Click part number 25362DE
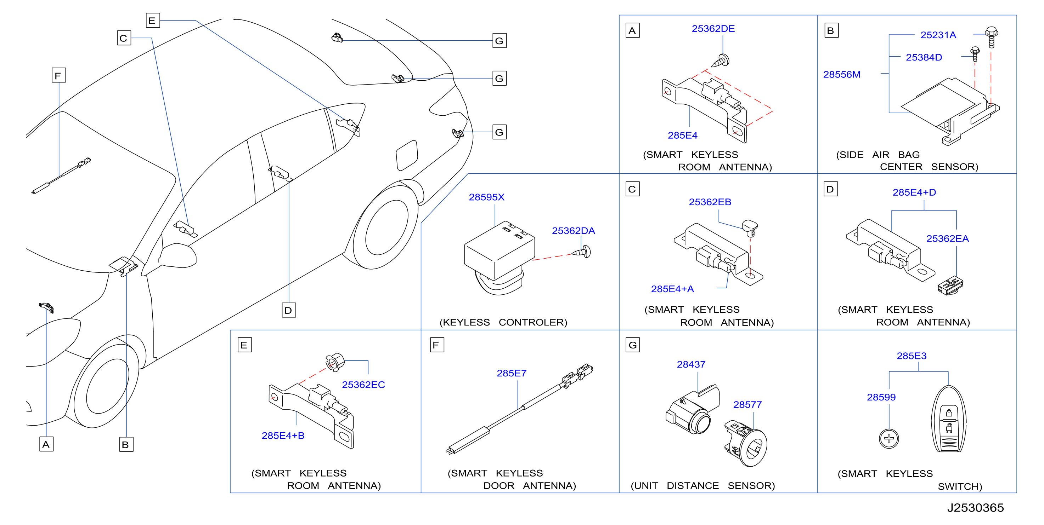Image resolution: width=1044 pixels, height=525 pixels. [713, 29]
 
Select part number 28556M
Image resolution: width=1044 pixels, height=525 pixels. [841, 75]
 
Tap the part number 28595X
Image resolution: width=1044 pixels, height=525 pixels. [486, 197]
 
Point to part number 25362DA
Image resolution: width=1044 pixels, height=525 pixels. [573, 231]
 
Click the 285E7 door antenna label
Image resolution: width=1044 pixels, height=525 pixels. [512, 373]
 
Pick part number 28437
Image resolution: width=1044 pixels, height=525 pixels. [691, 364]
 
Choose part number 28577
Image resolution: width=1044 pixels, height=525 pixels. [747, 404]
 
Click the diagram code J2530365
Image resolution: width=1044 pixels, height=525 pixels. [975, 508]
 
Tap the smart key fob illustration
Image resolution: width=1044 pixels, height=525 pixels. [949, 419]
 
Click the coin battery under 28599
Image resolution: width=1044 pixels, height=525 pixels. [889, 438]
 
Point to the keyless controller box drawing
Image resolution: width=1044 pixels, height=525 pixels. [499, 257]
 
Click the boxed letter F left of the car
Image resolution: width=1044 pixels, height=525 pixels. [59, 75]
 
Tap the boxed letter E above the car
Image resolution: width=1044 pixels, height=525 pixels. [153, 20]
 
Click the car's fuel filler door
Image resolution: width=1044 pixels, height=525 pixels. [406, 155]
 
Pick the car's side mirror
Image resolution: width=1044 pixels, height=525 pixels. [177, 256]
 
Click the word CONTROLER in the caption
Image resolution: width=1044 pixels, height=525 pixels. [532, 322]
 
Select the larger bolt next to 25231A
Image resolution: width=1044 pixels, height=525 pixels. [991, 37]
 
